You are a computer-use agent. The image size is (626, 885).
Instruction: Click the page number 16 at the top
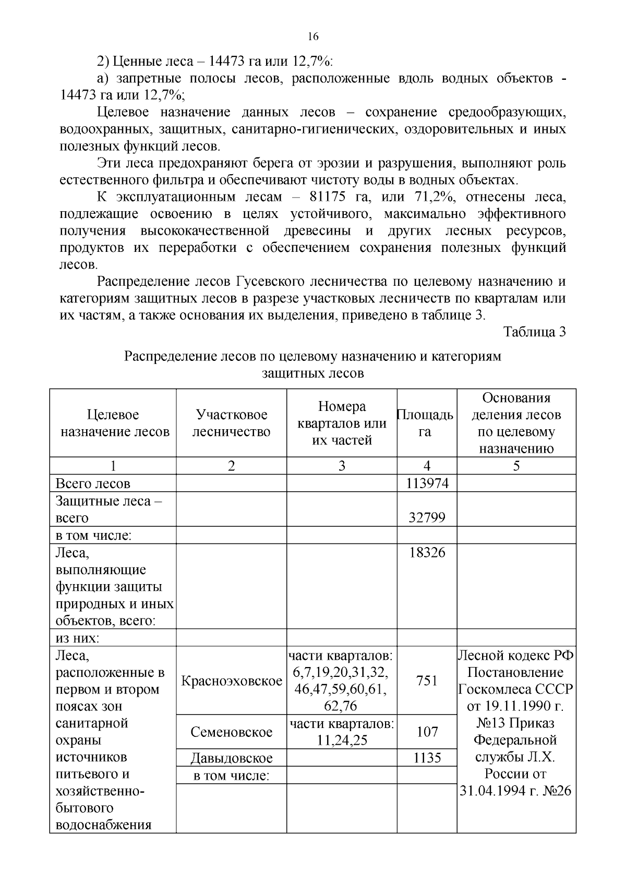(x=312, y=37)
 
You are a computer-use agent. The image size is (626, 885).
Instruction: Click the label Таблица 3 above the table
(x=534, y=332)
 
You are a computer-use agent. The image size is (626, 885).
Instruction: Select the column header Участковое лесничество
(x=231, y=423)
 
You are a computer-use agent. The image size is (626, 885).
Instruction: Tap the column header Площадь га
(x=426, y=423)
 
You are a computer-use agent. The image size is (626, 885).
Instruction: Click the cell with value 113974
(x=427, y=483)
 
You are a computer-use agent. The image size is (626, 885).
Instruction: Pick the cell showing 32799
(x=427, y=517)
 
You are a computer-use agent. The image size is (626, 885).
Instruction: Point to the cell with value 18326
(x=427, y=552)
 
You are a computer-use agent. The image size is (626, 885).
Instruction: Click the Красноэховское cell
(x=231, y=681)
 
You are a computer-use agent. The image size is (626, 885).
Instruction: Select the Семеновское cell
(x=231, y=732)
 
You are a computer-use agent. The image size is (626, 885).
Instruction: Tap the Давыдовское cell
(x=231, y=758)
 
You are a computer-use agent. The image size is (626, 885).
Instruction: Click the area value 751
(x=427, y=681)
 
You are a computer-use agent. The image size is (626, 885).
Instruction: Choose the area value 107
(x=427, y=732)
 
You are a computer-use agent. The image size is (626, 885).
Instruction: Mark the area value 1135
(x=427, y=758)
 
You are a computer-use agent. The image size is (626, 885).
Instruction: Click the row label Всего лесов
(x=93, y=483)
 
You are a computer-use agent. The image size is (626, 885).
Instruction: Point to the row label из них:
(x=78, y=638)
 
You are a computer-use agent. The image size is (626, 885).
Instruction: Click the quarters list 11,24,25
(x=342, y=740)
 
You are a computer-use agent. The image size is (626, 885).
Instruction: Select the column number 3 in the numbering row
(x=342, y=466)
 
